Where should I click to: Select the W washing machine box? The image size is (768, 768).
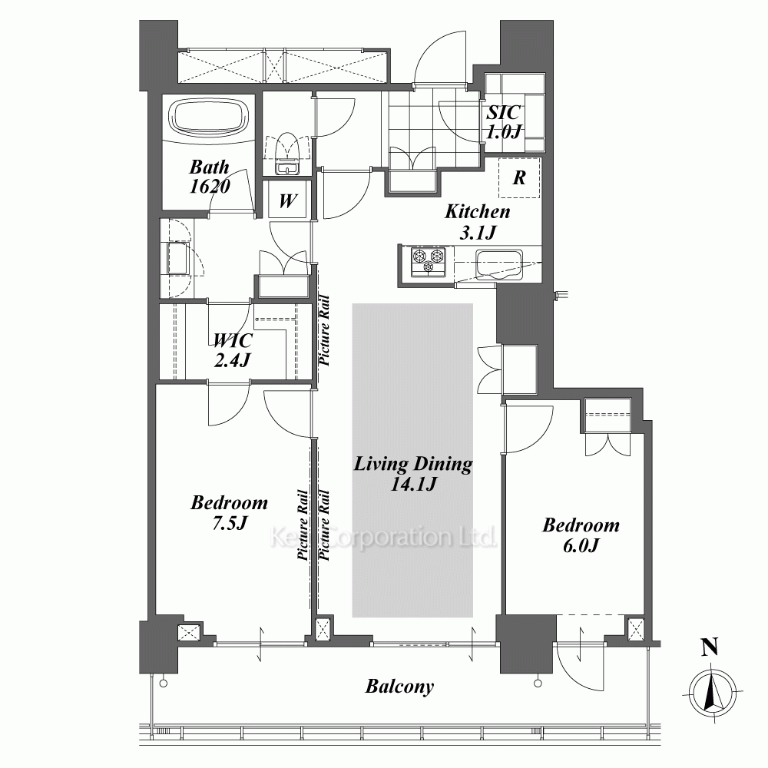pyautogui.click(x=287, y=200)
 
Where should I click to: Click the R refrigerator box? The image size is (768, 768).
pyautogui.click(x=519, y=177)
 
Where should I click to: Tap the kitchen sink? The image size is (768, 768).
pyautogui.click(x=498, y=265)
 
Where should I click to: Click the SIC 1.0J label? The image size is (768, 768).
pyautogui.click(x=503, y=121)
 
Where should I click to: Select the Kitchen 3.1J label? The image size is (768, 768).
pyautogui.click(x=478, y=221)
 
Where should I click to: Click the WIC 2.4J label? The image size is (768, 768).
pyautogui.click(x=233, y=349)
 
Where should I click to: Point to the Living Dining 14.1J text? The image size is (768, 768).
pyautogui.click(x=413, y=472)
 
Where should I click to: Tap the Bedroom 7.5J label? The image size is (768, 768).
pyautogui.click(x=229, y=512)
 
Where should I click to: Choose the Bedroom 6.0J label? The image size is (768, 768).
pyautogui.click(x=581, y=535)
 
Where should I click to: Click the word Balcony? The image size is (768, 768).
pyautogui.click(x=399, y=687)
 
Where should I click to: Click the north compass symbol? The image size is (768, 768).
pyautogui.click(x=713, y=693)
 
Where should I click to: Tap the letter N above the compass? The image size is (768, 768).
pyautogui.click(x=710, y=647)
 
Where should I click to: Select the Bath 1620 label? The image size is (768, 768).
pyautogui.click(x=210, y=177)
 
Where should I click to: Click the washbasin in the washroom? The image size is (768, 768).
pyautogui.click(x=178, y=258)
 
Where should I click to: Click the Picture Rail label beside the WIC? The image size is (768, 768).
pyautogui.click(x=324, y=330)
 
